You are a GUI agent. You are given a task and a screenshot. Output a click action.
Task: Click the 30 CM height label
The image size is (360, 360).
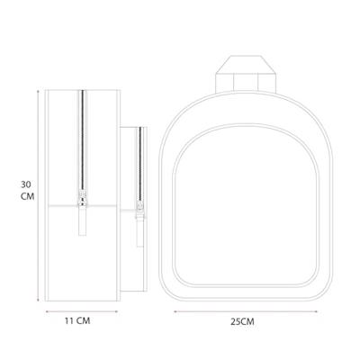tap(27, 191)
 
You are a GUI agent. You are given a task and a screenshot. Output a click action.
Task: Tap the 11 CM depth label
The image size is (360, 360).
tap(77, 321)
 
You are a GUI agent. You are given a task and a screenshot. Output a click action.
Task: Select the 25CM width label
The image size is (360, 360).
tap(242, 322)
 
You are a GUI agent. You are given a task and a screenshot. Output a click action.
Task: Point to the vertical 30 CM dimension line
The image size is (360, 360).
tap(38, 195)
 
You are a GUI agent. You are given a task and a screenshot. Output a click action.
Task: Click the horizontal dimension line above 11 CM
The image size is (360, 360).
tap(82, 311)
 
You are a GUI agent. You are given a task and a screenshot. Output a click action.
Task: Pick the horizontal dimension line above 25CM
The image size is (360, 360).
tap(246, 311)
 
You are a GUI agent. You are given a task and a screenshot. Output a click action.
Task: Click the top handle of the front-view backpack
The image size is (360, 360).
tap(246, 74)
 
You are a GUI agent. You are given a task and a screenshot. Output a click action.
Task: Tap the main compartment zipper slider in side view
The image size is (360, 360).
tap(82, 198)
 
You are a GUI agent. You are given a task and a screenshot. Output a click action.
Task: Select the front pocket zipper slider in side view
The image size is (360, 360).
tap(139, 208)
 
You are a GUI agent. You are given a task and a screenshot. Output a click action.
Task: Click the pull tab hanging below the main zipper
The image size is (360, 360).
tap(82, 220)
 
